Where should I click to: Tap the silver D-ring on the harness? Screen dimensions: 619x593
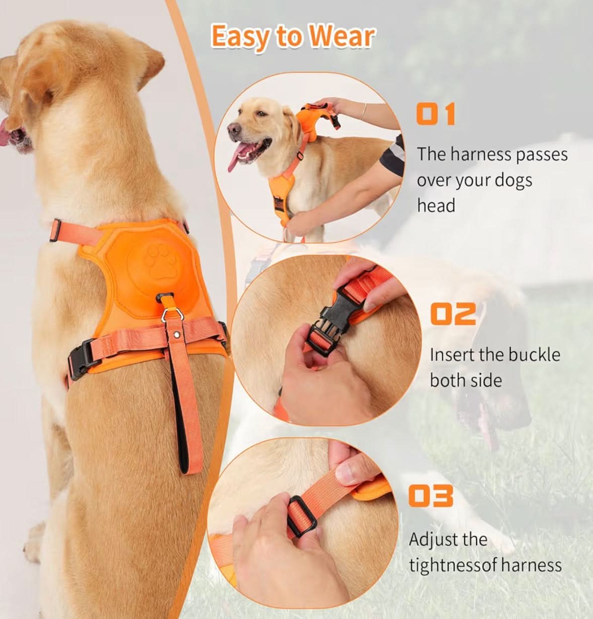[168, 315]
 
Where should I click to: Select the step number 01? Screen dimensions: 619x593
[436, 114]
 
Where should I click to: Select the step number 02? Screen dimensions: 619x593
[453, 314]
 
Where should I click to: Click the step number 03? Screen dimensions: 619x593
[431, 496]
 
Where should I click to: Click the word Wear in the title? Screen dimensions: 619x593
[342, 37]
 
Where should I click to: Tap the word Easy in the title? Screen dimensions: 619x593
[240, 37]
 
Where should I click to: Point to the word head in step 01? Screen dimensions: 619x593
[436, 205]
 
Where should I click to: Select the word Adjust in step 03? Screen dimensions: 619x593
[433, 539]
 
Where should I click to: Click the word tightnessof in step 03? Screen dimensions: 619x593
[452, 565]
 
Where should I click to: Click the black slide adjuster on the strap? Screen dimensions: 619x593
[301, 516]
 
